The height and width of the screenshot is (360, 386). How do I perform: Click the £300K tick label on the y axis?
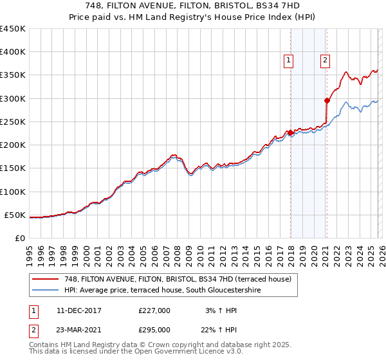[12, 98]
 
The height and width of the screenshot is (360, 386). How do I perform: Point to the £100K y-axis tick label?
[12, 192]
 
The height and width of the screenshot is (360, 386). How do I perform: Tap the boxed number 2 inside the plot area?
[325, 61]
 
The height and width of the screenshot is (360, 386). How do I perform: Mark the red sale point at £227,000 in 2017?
[290, 132]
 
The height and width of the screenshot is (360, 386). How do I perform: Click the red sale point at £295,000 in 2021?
[327, 100]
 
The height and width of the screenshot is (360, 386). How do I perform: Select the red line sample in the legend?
[46, 279]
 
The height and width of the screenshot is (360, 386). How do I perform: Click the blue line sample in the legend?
[46, 291]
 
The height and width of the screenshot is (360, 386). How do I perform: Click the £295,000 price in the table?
[154, 329]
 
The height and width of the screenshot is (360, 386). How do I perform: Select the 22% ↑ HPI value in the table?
[221, 329]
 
